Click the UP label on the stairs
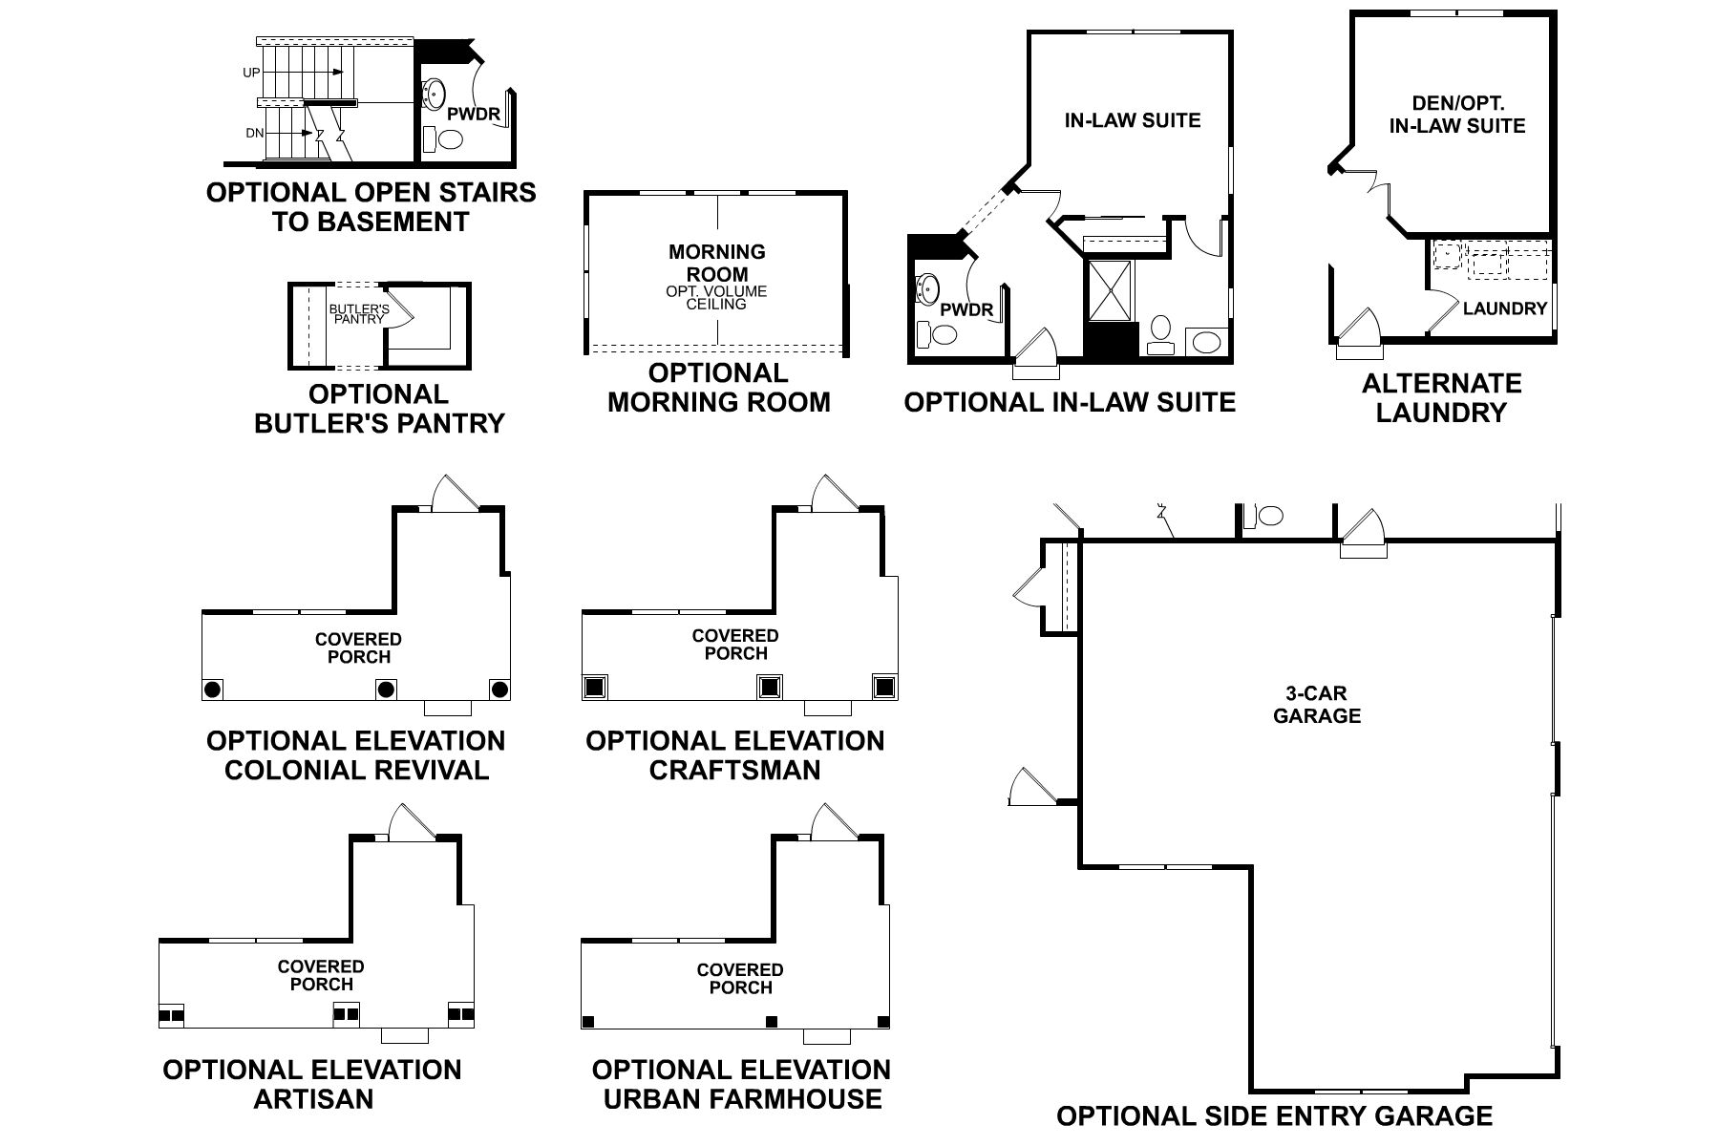(251, 73)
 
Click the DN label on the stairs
(254, 134)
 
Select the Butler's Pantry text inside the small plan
(359, 314)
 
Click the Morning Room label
(716, 263)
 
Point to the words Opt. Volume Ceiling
(716, 298)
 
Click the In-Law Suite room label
(1132, 120)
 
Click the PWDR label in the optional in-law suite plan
(966, 310)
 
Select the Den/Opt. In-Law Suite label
(1456, 115)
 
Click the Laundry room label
(1504, 308)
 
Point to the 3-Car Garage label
(1316, 705)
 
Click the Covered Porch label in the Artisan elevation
(321, 975)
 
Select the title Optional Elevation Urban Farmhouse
(741, 1084)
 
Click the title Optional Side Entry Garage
(1274, 1115)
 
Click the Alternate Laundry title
(1441, 398)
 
